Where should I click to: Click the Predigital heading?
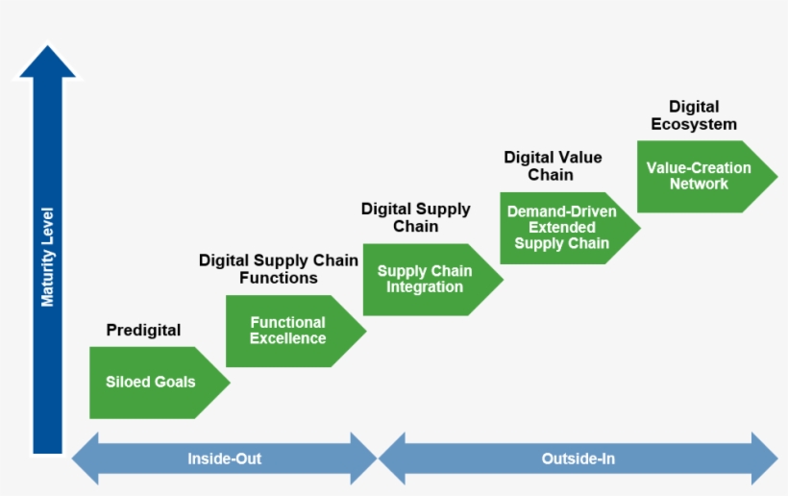coord(143,330)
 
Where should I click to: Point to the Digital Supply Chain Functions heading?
coord(279,269)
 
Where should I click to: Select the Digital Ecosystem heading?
coord(694,115)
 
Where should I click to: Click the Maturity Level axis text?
coord(47,257)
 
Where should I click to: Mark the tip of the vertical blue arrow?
coord(47,49)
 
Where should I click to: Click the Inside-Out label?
coord(224,459)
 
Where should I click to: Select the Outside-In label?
coord(578,459)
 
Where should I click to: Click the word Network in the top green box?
coord(699,184)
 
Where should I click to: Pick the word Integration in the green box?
coord(425,287)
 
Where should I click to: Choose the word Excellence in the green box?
coord(288,338)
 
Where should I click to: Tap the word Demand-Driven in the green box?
coord(562,212)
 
